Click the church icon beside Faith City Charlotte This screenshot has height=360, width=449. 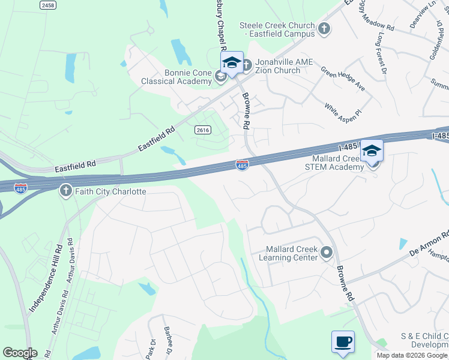[65, 191]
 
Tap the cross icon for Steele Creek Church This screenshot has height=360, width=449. [324, 28]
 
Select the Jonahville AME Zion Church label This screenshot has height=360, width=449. [277, 66]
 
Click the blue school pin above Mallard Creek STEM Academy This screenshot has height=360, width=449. [372, 151]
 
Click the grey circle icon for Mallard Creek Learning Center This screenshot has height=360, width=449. [327, 253]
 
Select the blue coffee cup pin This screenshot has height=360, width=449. [343, 342]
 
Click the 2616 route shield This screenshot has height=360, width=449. [202, 130]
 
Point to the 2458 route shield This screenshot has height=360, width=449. [48, 5]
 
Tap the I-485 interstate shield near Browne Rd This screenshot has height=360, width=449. [242, 164]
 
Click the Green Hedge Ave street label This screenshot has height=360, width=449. [343, 79]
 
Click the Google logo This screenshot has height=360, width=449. [20, 353]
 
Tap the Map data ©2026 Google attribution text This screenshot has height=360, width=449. [412, 355]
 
